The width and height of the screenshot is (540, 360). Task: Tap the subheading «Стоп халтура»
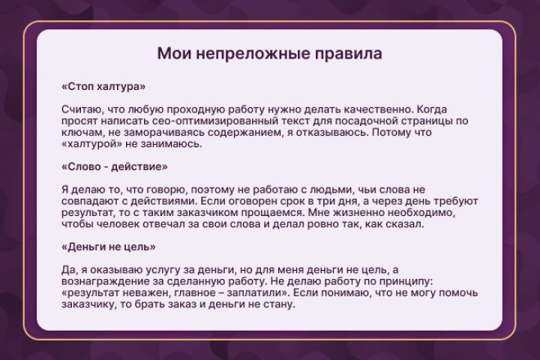click(103, 86)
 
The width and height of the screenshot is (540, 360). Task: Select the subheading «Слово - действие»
click(115, 166)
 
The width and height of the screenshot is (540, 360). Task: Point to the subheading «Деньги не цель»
click(109, 246)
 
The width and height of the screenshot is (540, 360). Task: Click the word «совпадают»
click(95, 202)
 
